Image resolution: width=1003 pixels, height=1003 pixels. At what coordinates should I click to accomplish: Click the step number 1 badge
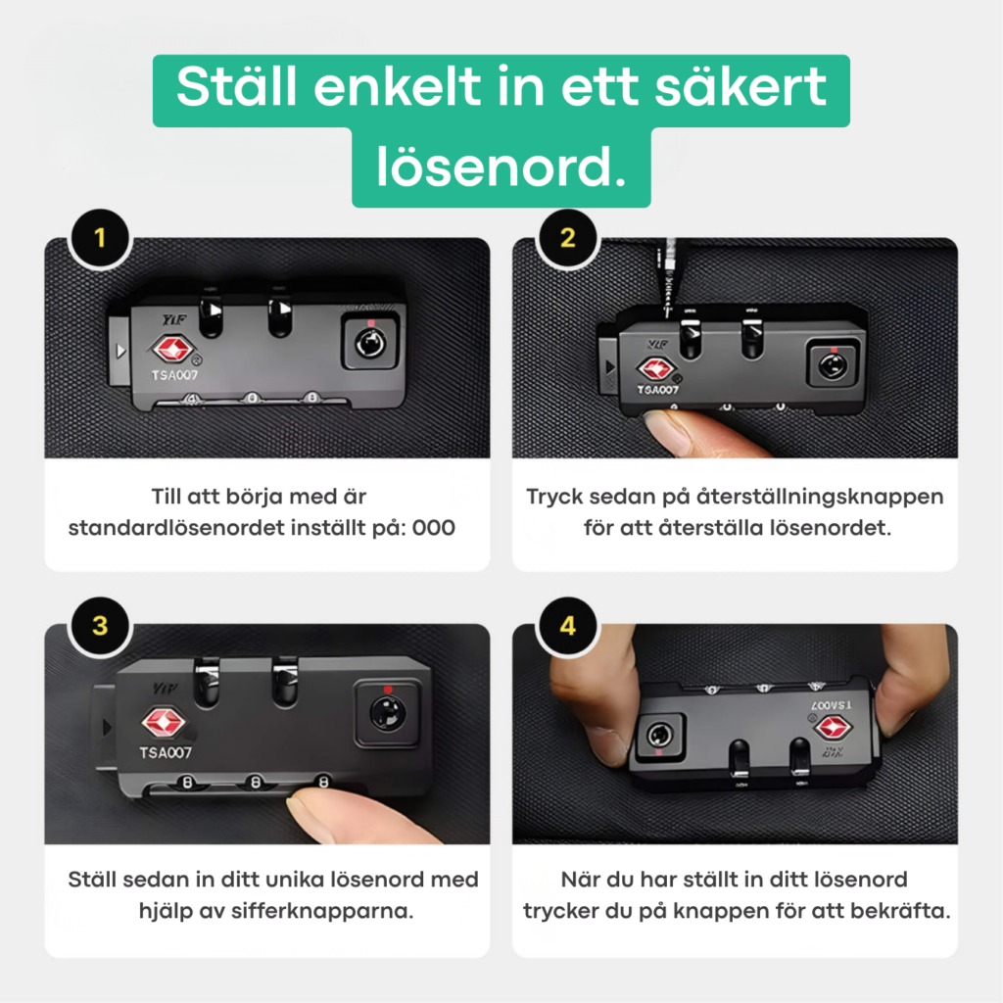click(x=100, y=239)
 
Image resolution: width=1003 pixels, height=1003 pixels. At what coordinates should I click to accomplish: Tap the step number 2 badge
click(x=567, y=239)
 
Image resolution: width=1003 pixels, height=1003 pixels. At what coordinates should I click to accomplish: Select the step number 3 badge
click(x=100, y=626)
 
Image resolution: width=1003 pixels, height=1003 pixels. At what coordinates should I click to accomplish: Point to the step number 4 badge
click(x=567, y=626)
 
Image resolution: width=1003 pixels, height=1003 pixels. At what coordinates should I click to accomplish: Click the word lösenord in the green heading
click(x=501, y=167)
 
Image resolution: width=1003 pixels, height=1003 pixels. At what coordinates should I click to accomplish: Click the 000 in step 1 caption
click(x=434, y=528)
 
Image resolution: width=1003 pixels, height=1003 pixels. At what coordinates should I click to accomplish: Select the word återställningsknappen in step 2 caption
click(x=820, y=497)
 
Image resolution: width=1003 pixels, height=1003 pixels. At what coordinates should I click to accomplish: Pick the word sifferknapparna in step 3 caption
click(x=322, y=911)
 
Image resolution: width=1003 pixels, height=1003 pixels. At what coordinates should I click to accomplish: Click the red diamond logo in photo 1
click(x=171, y=350)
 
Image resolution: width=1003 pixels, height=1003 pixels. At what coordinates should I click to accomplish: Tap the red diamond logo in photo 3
click(x=164, y=722)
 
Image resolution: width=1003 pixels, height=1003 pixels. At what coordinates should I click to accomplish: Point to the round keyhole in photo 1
click(x=370, y=345)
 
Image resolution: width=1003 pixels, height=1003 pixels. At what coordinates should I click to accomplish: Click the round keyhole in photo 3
click(x=387, y=713)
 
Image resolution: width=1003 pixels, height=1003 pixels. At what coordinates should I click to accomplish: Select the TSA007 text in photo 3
click(x=166, y=753)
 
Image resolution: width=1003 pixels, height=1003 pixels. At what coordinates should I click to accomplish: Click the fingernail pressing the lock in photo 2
click(x=664, y=431)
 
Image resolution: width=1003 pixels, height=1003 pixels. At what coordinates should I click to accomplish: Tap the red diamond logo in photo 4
click(x=833, y=728)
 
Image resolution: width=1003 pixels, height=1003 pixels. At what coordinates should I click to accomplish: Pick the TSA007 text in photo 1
click(x=174, y=375)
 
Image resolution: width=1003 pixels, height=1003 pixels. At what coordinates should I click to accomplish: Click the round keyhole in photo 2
click(x=833, y=367)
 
